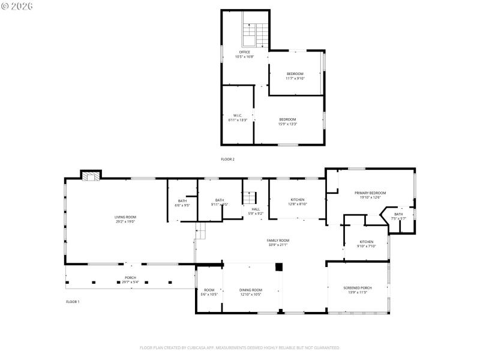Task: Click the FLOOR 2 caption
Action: coord(227,159)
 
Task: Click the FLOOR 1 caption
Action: coord(72,301)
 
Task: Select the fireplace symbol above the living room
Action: coord(91,176)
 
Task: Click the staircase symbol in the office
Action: coord(253,34)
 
